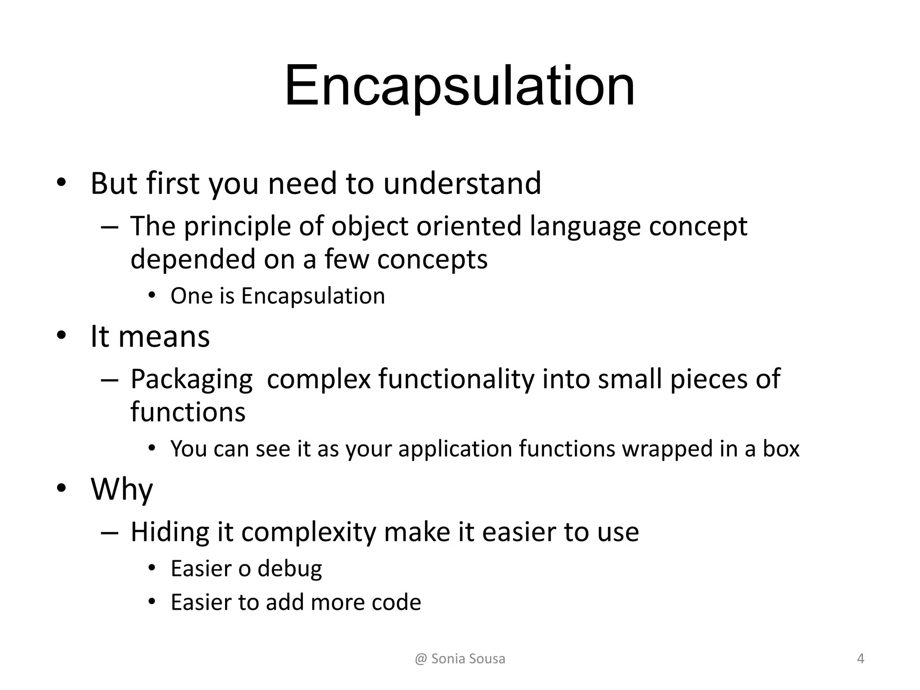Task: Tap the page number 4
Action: [x=860, y=659]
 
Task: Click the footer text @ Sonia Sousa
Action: [x=460, y=659]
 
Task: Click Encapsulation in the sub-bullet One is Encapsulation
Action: [x=313, y=296]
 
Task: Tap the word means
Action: [x=164, y=336]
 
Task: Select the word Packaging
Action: [x=191, y=380]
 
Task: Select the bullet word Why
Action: [x=122, y=490]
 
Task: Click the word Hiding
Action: [x=170, y=533]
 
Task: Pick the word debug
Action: [x=289, y=569]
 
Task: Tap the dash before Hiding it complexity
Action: [x=110, y=533]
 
